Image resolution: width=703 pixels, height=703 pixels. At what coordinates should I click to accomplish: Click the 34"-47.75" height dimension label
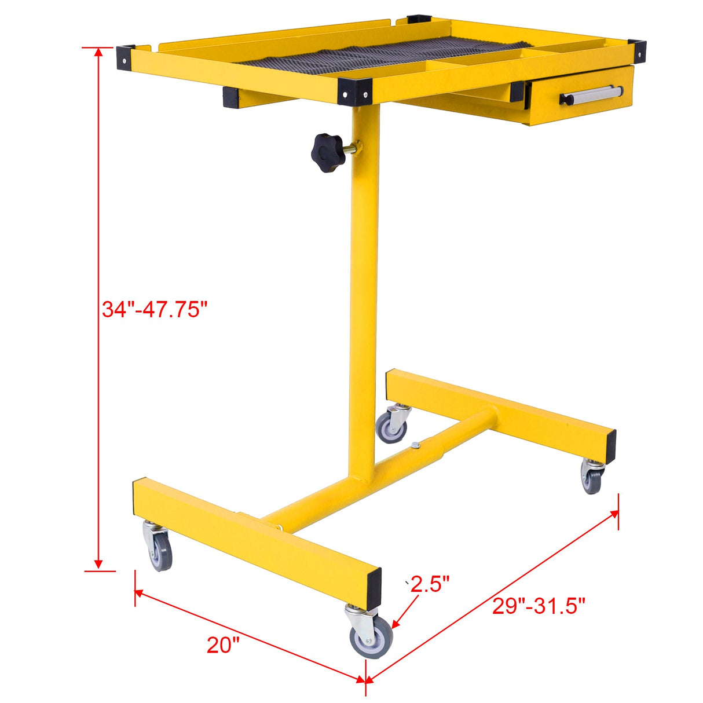(154, 309)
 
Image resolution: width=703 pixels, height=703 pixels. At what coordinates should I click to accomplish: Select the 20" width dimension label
(223, 645)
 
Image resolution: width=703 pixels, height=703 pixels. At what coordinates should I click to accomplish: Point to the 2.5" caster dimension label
(430, 584)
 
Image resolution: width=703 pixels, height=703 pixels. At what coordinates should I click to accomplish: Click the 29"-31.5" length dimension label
(539, 606)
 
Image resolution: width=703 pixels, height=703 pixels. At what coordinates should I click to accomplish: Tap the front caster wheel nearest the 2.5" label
(371, 637)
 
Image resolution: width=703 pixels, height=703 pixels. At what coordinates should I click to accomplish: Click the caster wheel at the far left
(160, 550)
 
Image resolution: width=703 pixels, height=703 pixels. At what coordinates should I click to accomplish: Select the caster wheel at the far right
(592, 480)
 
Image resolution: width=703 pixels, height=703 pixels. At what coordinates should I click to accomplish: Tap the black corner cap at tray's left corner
(126, 57)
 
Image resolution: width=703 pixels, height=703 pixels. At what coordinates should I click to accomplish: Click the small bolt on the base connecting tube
(415, 445)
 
